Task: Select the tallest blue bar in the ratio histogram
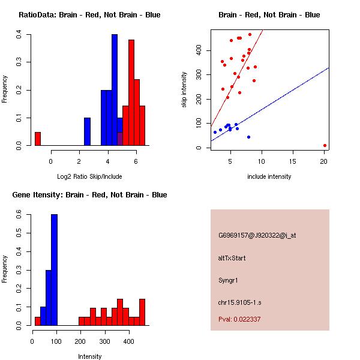pos(114,90)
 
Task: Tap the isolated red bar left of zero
pos(37,139)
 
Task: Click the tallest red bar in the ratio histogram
pos(131,93)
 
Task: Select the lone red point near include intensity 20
pos(325,145)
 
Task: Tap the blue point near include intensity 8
pos(248,137)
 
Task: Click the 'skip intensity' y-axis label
pos(185,90)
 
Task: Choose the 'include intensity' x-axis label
pos(269,176)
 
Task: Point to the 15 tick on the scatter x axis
pos(293,160)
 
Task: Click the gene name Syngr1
pos(229,280)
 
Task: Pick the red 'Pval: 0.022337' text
pos(239,320)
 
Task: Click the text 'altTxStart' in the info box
pos(232,258)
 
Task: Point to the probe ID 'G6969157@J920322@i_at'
pos(257,235)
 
